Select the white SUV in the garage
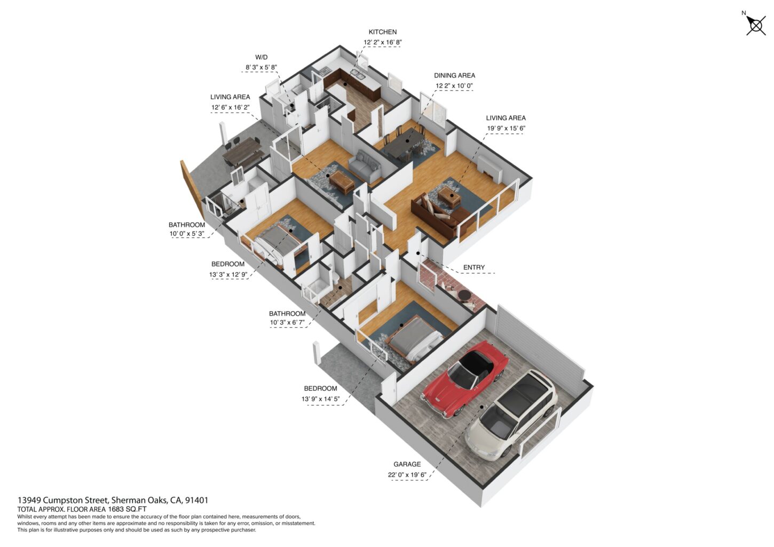[511, 415]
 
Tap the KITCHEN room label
[383, 32]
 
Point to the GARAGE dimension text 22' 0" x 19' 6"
[407, 475]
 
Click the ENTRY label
[473, 267]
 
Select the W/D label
[261, 57]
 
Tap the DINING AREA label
[454, 75]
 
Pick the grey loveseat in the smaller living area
[365, 167]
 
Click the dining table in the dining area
[404, 144]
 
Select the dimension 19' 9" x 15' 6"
[506, 128]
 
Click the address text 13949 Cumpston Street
[64, 500]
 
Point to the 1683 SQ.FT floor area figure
[127, 509]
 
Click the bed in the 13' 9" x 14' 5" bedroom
[413, 339]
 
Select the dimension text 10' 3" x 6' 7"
[287, 323]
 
